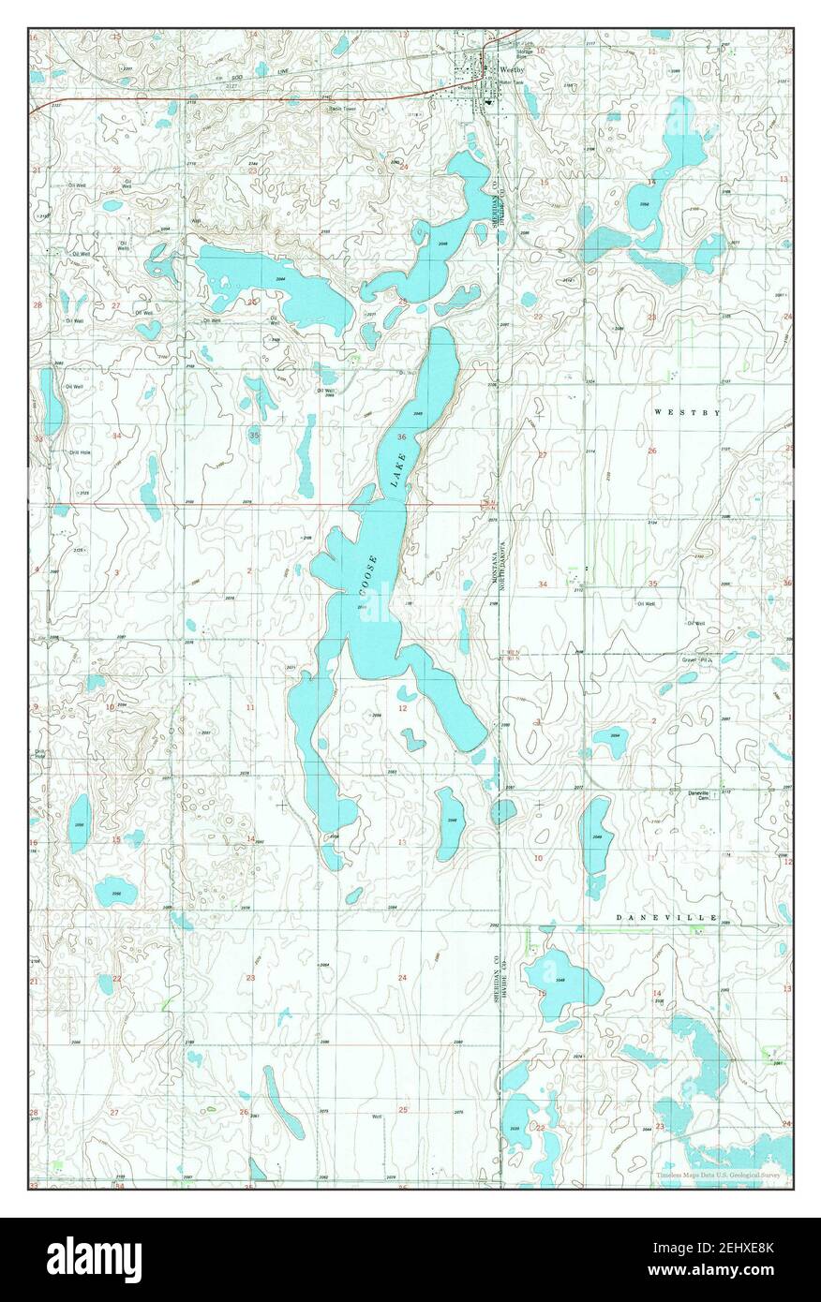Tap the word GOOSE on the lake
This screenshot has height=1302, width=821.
coord(368,575)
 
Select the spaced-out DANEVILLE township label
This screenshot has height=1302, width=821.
coord(666,917)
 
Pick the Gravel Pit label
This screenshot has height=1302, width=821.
coord(696,659)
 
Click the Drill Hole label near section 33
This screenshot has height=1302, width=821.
coord(79,452)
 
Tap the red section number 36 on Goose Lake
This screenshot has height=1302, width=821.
coord(401,437)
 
